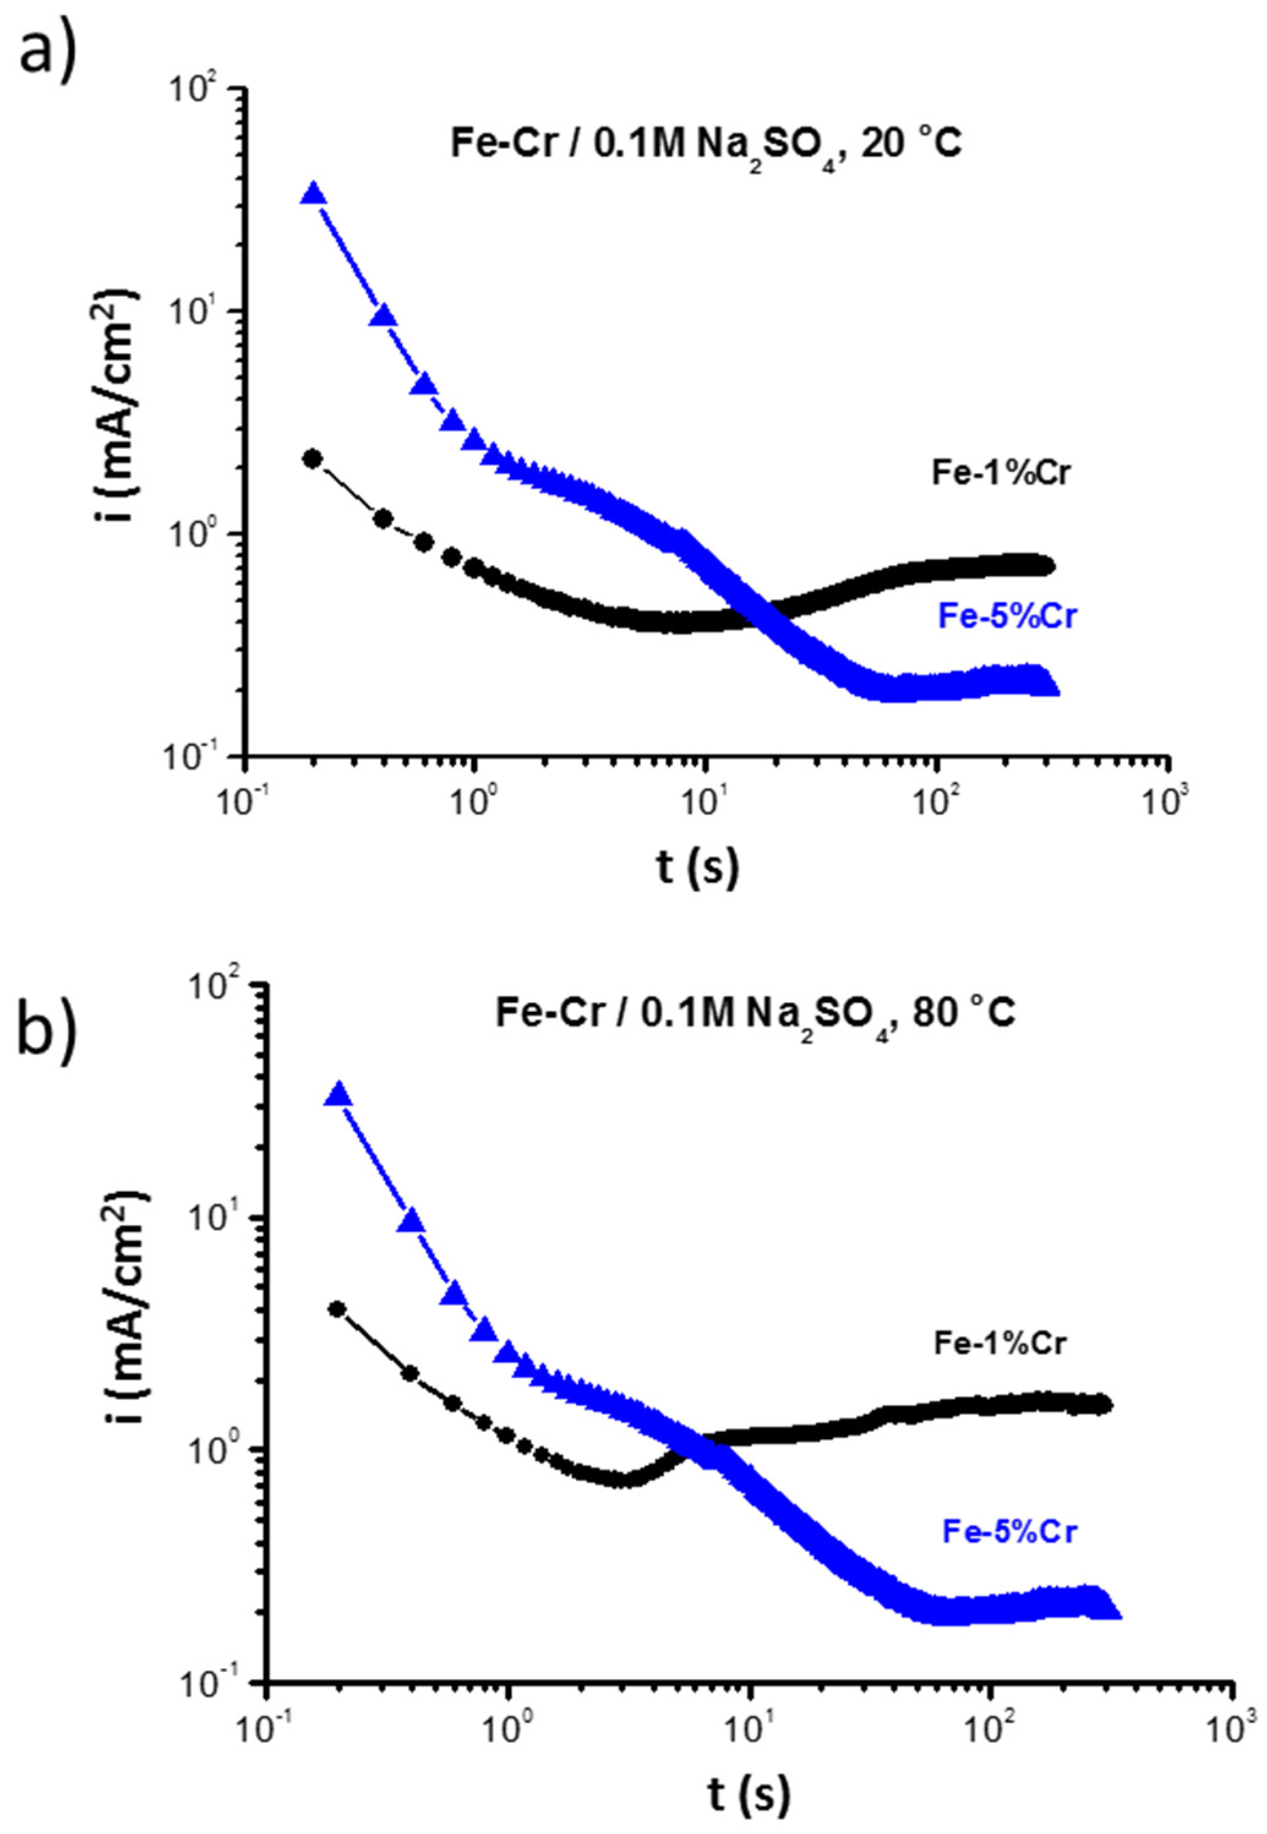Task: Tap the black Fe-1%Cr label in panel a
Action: [x=1003, y=473]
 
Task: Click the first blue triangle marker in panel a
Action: [x=315, y=193]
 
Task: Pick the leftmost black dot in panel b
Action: [x=337, y=1309]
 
